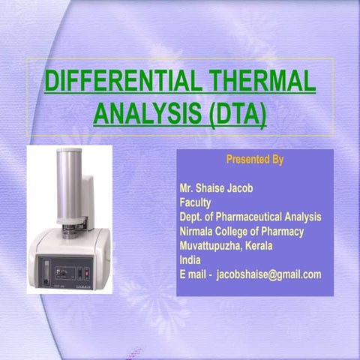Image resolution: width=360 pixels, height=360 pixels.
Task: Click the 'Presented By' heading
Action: click(254, 160)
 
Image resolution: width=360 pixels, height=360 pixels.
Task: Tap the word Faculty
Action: click(196, 202)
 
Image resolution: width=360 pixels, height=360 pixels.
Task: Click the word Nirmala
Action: click(198, 231)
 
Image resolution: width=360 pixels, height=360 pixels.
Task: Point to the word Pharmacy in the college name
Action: click(285, 231)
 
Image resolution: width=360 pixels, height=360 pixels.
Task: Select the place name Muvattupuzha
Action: click(211, 245)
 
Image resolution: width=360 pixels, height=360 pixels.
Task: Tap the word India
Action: click(190, 259)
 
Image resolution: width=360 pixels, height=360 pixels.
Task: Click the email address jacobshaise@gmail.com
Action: click(268, 274)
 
